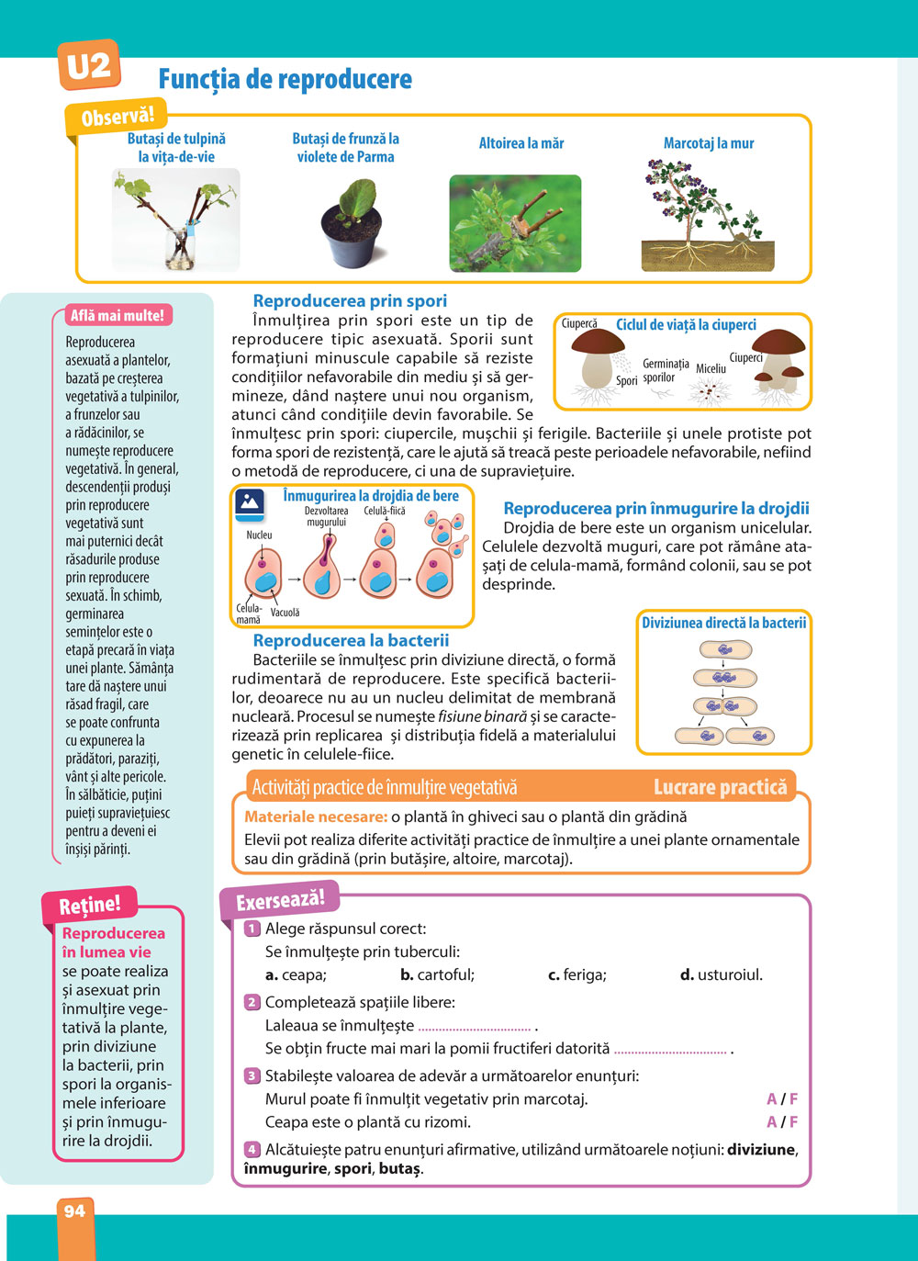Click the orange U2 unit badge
[88, 65]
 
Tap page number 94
[74, 1211]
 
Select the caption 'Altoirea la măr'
[521, 143]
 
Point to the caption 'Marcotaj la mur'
[709, 143]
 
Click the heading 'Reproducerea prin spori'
[350, 300]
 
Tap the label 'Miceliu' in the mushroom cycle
[711, 369]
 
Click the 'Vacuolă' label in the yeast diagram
[285, 613]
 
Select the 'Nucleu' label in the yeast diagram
[259, 535]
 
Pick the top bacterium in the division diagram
[725, 650]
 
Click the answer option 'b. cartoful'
[437, 974]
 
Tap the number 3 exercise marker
[252, 1075]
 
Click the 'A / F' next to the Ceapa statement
[782, 1121]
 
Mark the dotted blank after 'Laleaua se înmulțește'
[475, 1027]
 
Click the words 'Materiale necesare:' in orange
[316, 816]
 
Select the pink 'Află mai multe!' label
[118, 315]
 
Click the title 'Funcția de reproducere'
[285, 79]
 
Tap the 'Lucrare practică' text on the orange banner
[720, 787]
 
